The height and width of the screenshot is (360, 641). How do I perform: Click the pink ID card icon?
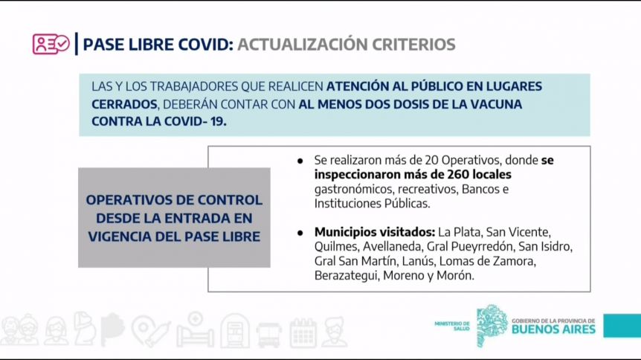pos(51,44)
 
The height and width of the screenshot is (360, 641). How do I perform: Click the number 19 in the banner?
pos(218,121)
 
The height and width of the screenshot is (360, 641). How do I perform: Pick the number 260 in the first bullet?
pos(458,174)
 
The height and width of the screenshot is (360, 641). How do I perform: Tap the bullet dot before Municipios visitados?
pos(300,233)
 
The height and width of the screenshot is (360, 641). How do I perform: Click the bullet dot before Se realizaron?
pos(300,161)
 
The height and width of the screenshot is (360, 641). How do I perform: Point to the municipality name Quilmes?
pos(336,247)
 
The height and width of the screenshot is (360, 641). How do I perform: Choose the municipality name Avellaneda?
pos(393,247)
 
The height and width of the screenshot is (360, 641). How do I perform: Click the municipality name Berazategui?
pos(346,276)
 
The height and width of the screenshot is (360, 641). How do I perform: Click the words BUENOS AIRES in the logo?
pos(553,330)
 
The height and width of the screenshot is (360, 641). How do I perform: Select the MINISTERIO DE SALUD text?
pos(452,326)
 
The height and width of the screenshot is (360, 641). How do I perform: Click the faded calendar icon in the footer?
pos(303,332)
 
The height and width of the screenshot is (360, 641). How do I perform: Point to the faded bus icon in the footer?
pos(268,334)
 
